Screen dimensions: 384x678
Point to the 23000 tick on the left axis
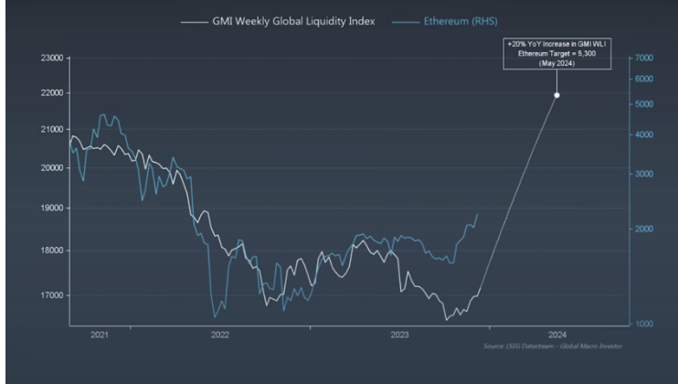click(x=49, y=58)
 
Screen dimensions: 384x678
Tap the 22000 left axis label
click(x=49, y=93)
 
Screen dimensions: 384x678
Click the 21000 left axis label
click(x=49, y=130)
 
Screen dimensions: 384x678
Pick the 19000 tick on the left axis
click(x=49, y=208)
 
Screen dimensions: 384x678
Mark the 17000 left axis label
click(x=49, y=295)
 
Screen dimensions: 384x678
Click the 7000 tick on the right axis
click(x=642, y=58)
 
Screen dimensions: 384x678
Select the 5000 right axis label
click(x=642, y=104)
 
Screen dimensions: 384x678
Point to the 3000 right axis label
click(x=642, y=173)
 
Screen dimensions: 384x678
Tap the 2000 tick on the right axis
click(x=642, y=229)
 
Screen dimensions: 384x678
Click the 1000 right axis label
click(x=642, y=325)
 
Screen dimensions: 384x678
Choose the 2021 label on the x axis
click(x=99, y=336)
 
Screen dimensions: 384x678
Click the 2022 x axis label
click(x=220, y=336)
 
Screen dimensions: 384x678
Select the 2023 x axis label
click(x=399, y=336)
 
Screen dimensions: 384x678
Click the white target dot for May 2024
click(x=556, y=95)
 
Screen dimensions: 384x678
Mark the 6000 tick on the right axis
click(x=642, y=79)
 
